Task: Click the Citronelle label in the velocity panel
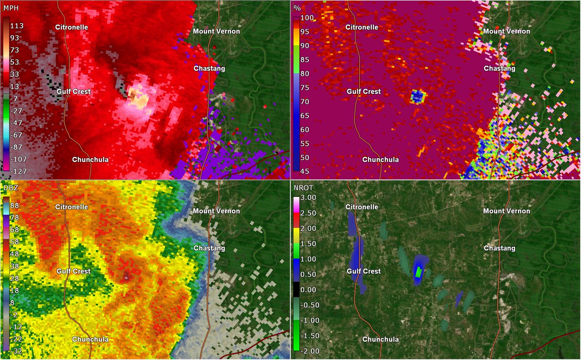[x=71, y=27]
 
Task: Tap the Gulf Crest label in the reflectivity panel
[x=74, y=271]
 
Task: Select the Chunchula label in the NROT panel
[x=381, y=339]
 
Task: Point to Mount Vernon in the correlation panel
[x=507, y=31]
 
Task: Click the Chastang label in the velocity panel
[x=209, y=69]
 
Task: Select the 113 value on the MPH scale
[x=24, y=26]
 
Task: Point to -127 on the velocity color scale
[x=23, y=171]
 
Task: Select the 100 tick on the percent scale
[x=309, y=18]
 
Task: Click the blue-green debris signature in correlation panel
[x=418, y=96]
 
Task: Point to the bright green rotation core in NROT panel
[x=418, y=272]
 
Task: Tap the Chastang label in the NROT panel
[x=500, y=248]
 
